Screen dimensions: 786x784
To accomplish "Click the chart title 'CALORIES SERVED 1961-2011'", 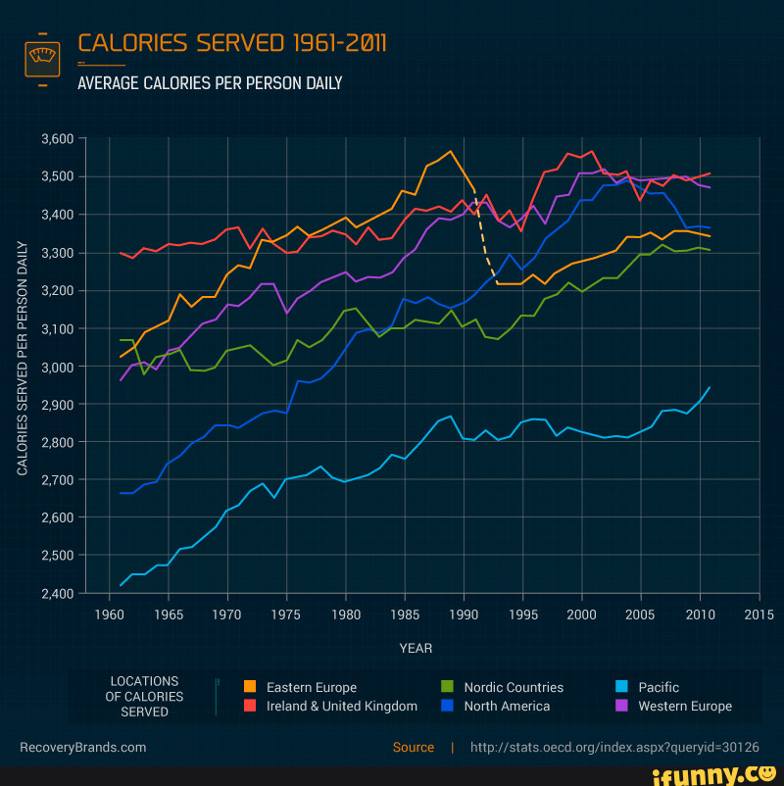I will coord(232,43).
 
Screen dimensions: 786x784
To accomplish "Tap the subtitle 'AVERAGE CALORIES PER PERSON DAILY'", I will coord(210,83).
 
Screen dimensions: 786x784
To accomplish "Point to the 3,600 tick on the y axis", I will coord(58,139).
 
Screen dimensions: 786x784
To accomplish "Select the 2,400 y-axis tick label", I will coord(58,593).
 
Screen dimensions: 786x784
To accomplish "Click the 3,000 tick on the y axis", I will coord(58,367).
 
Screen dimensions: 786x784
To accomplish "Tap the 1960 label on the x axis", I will coord(109,614).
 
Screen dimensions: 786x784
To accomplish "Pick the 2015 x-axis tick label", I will coord(759,614).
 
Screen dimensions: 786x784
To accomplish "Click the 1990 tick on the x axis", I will coord(464,614).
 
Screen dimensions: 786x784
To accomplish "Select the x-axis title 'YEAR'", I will coord(416,648).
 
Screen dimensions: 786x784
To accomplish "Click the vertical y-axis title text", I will coord(23,358).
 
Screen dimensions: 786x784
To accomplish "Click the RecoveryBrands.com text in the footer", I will coord(83,747).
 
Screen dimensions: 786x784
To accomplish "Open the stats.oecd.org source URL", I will coord(614,747).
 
